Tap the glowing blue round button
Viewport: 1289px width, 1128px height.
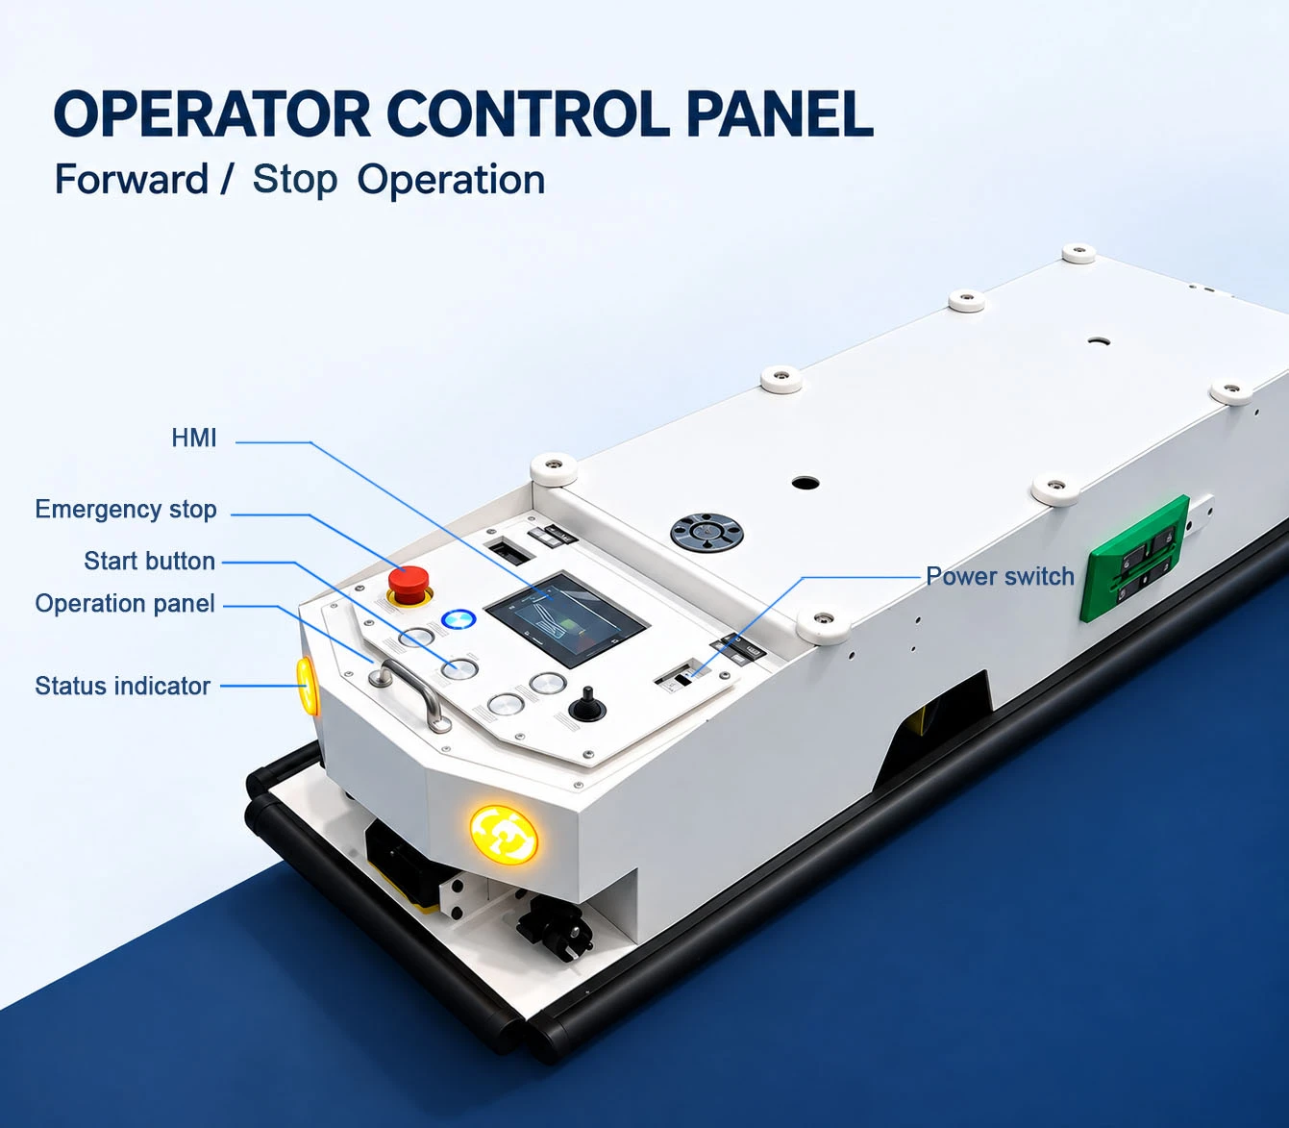459,619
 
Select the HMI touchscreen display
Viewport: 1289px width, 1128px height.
566,618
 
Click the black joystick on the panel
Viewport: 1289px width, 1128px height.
587,705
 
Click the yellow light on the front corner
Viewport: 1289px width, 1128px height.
504,834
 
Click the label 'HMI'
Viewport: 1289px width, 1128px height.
194,438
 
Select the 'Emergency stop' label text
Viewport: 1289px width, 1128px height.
126,509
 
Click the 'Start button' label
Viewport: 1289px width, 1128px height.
150,561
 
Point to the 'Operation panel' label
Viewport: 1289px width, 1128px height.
125,604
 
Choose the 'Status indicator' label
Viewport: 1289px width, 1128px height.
123,686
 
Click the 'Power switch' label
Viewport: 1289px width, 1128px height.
1000,576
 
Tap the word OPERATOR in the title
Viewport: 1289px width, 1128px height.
211,114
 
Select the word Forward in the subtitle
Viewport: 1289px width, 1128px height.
132,180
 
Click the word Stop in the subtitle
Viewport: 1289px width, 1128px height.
295,181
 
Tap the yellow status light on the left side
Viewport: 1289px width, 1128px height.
307,686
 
